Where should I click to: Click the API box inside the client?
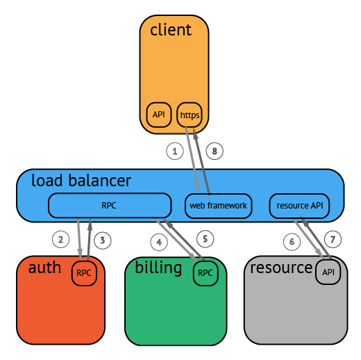coord(159,114)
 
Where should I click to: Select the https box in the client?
coord(189,114)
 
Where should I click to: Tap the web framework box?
coord(218,206)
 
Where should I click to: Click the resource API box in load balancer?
coord(299,206)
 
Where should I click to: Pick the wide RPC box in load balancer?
coord(109,206)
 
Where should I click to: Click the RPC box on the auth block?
coord(84,273)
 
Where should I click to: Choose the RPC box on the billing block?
coord(205,273)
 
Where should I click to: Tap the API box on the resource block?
coord(328,272)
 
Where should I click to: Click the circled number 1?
coord(175,150)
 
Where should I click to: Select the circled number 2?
coord(61,240)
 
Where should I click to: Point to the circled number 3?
coord(102,240)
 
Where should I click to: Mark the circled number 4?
coord(159,242)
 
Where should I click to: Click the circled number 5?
coord(204,238)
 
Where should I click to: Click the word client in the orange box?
coord(170,30)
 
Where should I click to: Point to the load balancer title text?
coord(81,181)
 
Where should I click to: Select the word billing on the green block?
coord(158,268)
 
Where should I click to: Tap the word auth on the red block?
coord(44,268)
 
